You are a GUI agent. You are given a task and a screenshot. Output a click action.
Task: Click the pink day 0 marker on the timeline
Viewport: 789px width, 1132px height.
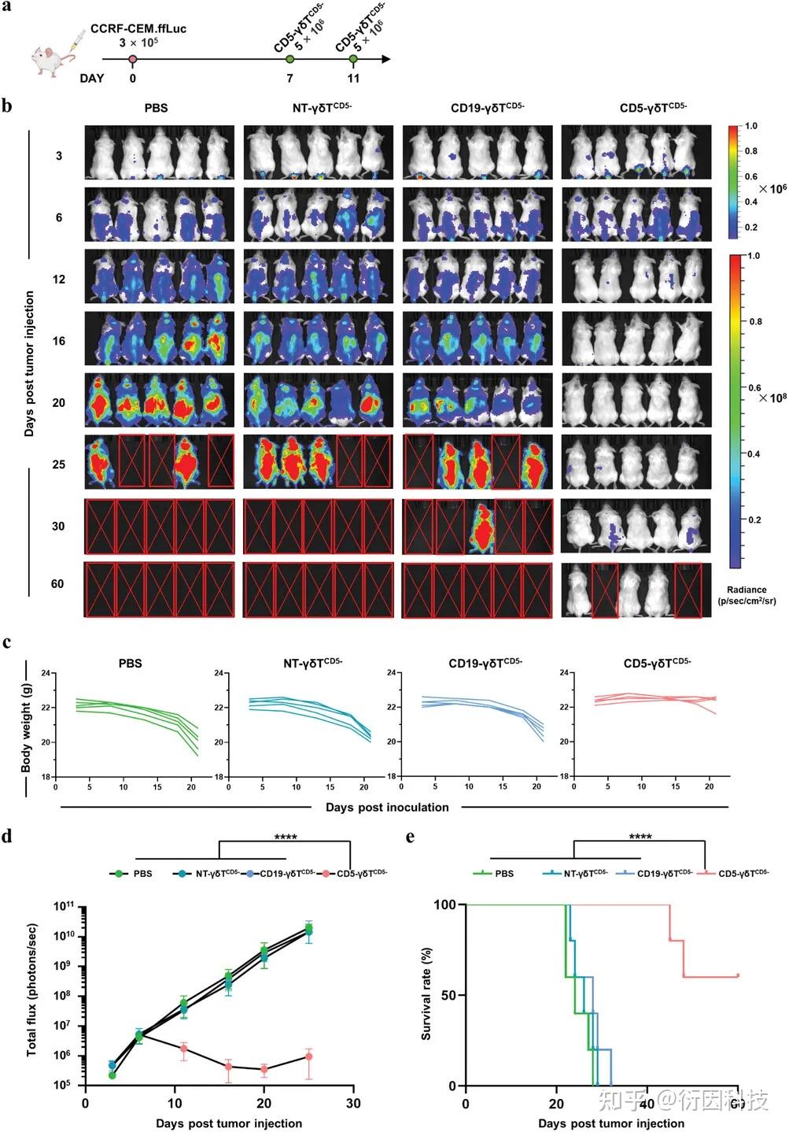pos(133,59)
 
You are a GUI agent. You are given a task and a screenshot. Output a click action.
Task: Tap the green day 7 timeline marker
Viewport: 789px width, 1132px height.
pos(290,59)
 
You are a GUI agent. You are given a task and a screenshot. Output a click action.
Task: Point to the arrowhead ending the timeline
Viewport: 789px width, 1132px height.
pos(385,59)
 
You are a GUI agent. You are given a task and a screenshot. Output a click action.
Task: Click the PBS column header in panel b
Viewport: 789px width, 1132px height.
pos(156,108)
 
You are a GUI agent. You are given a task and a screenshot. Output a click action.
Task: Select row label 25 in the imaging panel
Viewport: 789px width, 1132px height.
pos(59,464)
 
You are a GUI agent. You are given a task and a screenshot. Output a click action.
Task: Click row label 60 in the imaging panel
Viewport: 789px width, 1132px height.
pos(57,583)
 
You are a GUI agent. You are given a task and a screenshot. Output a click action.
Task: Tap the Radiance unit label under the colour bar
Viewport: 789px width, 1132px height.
pos(747,595)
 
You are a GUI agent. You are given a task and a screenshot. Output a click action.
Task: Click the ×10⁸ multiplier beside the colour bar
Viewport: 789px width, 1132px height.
pos(772,398)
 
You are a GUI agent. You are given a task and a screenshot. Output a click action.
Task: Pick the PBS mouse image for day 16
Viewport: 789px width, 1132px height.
pos(160,341)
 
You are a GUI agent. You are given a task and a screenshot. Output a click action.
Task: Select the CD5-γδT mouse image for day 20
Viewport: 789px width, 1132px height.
pos(636,402)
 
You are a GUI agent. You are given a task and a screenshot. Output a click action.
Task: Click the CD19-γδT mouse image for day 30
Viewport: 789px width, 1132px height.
pos(477,526)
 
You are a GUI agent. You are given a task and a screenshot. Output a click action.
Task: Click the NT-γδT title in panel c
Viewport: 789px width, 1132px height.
pos(317,664)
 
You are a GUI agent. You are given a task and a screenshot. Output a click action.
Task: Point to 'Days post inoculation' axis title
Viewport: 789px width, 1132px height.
pos(387,807)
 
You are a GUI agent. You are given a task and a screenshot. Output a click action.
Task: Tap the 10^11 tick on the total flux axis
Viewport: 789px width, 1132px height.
pos(64,907)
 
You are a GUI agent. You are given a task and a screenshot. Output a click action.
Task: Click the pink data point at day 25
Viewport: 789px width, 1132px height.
pos(308,1056)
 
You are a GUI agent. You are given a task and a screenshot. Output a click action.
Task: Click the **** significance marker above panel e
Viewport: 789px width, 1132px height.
pos(640,837)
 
